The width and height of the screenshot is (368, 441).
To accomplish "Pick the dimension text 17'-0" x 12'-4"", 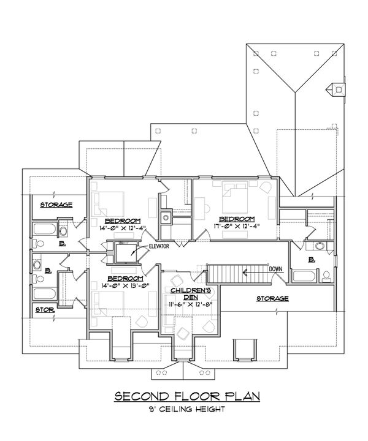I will coord(236,226).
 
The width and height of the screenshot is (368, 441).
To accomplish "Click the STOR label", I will coord(44,310).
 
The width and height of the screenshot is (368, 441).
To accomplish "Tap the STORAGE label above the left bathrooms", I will coord(56,204).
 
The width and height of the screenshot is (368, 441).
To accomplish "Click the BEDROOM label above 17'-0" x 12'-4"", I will coord(236,218).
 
